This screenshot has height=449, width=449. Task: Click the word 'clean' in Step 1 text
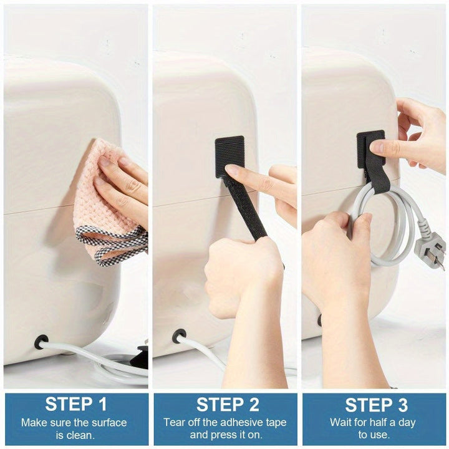tap(83, 435)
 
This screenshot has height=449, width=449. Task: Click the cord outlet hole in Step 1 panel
tap(41, 341)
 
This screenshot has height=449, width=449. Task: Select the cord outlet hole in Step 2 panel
tap(179, 336)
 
